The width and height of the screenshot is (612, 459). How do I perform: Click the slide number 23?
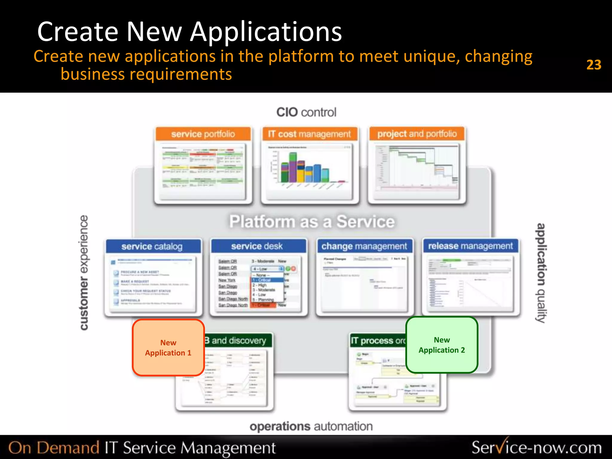[x=593, y=65]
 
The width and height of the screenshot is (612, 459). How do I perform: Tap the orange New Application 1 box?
[x=168, y=348]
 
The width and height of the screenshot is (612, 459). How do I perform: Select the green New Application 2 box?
[x=442, y=345]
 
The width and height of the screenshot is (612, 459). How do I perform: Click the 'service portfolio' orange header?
[x=203, y=134]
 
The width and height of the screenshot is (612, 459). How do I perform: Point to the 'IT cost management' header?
[x=309, y=134]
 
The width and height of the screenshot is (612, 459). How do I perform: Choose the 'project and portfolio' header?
[x=417, y=134]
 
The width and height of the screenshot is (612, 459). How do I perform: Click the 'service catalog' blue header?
[x=152, y=247]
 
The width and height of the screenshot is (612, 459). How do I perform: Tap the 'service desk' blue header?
[x=257, y=246]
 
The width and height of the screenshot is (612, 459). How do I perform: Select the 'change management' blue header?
[x=364, y=246]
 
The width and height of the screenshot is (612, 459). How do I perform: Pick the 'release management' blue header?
[x=470, y=246]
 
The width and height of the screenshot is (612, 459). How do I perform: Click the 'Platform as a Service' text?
[x=312, y=222]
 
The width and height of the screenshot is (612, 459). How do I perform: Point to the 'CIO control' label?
[x=306, y=112]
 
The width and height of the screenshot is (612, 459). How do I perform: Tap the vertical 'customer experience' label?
[x=84, y=273]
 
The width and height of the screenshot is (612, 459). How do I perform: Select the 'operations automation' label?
[x=311, y=426]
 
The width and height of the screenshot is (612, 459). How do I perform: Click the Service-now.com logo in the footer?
[x=536, y=447]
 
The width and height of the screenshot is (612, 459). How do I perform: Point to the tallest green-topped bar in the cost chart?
[x=293, y=167]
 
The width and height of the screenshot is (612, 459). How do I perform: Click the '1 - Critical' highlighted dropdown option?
[x=267, y=280]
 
